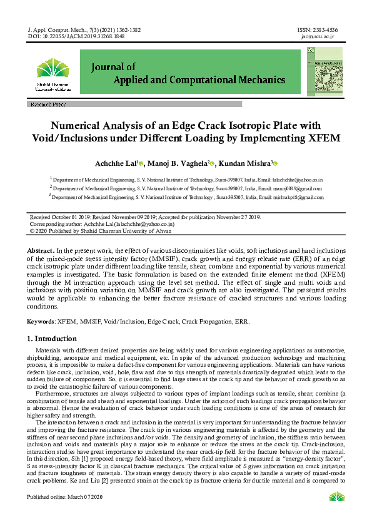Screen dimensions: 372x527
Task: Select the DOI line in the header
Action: (x=76, y=36)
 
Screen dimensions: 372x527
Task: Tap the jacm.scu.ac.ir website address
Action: (x=318, y=36)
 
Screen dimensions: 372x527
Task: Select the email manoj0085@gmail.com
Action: (x=294, y=188)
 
